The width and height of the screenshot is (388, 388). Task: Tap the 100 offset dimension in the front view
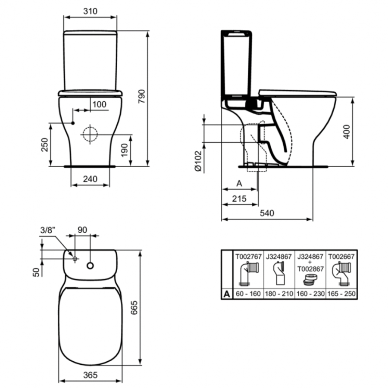99,104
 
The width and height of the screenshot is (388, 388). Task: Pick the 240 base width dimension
90,179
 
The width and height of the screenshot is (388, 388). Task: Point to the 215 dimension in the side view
239,199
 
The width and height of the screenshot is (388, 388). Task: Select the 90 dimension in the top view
82,230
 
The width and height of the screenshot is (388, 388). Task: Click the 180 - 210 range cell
279,294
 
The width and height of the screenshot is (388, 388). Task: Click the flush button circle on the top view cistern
91,265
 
